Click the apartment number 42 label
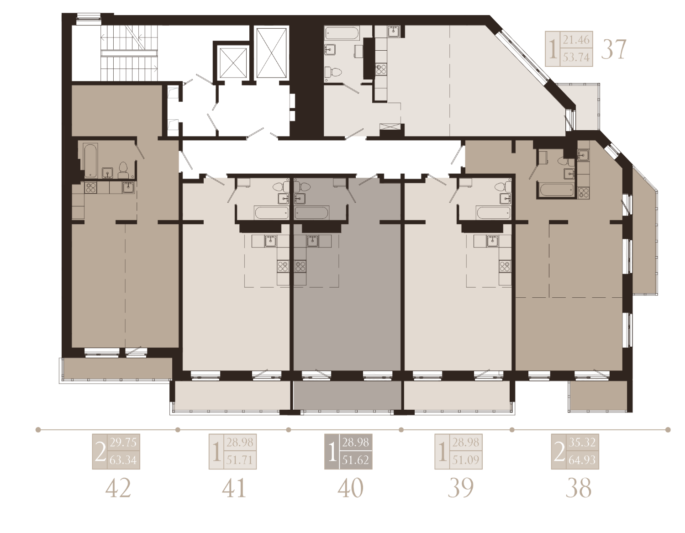click(x=118, y=488)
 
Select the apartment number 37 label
click(x=613, y=49)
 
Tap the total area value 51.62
click(x=356, y=460)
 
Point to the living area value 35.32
click(x=582, y=443)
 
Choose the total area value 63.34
click(x=123, y=460)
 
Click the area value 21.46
click(x=576, y=40)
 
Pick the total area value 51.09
click(x=466, y=460)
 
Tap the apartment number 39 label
click(x=461, y=488)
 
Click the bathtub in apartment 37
click(x=342, y=33)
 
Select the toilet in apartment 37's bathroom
click(x=333, y=72)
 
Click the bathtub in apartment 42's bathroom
click(x=90, y=160)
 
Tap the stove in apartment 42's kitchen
click(x=91, y=188)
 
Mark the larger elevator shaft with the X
click(x=271, y=53)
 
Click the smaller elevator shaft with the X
click(x=232, y=63)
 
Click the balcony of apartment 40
click(x=348, y=395)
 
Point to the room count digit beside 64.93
click(x=559, y=452)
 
